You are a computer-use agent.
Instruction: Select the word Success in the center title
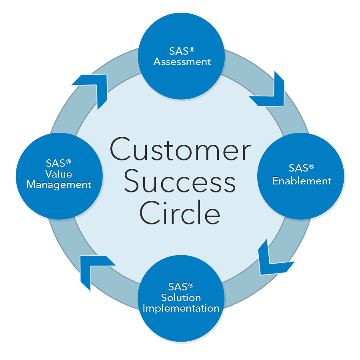click(x=180, y=182)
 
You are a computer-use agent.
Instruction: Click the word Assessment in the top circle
click(x=182, y=62)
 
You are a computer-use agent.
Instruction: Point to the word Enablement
click(x=302, y=181)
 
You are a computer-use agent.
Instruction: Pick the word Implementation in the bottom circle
click(x=181, y=308)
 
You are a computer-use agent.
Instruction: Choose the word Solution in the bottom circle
click(x=181, y=298)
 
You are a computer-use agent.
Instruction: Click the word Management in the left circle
click(x=59, y=185)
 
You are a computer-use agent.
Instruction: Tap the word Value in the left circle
click(x=59, y=174)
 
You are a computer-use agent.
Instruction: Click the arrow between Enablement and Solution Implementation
click(x=272, y=260)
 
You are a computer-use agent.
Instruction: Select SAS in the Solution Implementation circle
click(x=178, y=287)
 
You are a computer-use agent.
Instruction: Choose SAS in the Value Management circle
click(x=56, y=163)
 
